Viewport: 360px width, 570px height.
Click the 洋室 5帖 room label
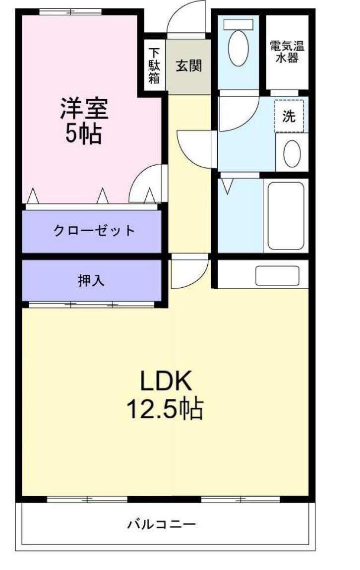tap(84, 121)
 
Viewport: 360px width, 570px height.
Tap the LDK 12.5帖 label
tap(165, 395)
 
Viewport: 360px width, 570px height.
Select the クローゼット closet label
tap(94, 231)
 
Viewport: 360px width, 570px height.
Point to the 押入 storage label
tap(91, 280)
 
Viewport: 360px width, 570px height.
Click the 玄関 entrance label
tap(189, 65)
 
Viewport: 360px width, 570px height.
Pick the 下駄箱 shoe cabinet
tap(154, 66)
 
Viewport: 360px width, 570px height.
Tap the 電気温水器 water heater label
tap(287, 52)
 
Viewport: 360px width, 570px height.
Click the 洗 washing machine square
tap(289, 116)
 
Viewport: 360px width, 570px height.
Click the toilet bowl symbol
tap(239, 48)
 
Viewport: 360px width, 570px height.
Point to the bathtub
tap(286, 216)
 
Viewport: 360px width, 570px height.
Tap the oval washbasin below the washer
tap(292, 153)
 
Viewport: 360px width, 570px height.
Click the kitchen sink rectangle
tap(277, 276)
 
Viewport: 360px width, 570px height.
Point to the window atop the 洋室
tap(70, 11)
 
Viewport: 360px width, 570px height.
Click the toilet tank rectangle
tap(239, 24)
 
